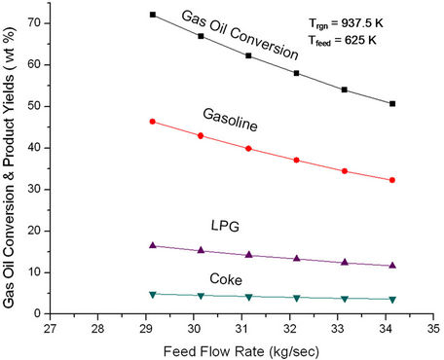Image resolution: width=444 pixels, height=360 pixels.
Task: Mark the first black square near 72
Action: [153, 15]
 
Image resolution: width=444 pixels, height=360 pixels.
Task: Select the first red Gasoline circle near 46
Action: [153, 122]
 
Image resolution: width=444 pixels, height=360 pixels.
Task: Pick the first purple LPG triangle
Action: [153, 245]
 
